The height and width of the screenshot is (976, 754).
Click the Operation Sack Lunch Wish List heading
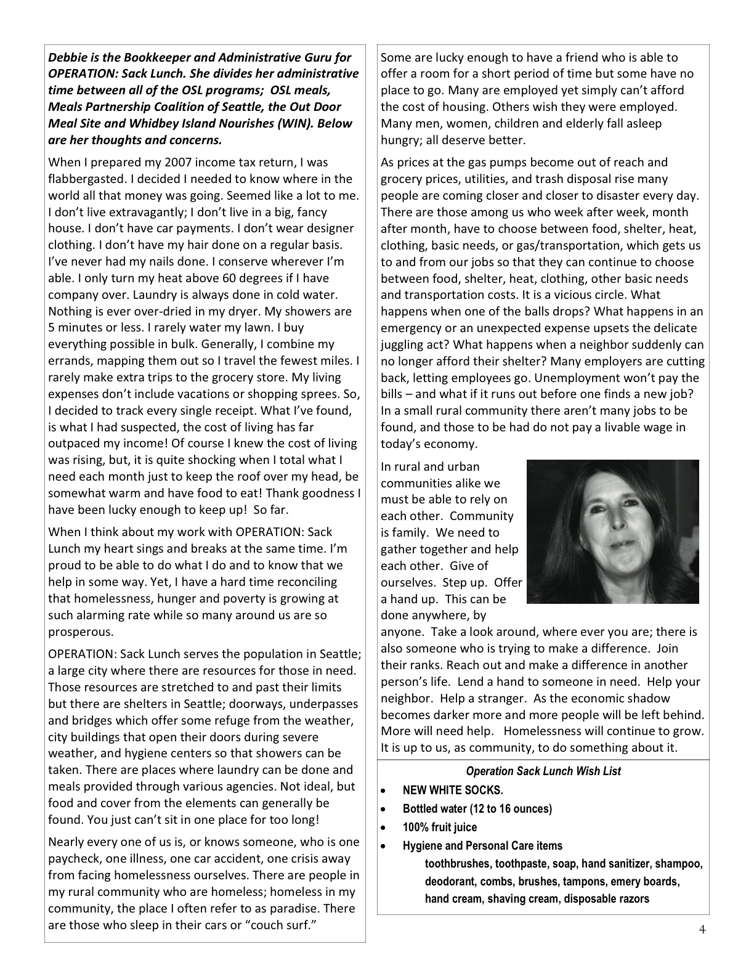543,771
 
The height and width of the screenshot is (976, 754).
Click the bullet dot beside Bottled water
384,809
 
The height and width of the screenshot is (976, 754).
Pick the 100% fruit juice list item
440,828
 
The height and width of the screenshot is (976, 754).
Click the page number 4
702,930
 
